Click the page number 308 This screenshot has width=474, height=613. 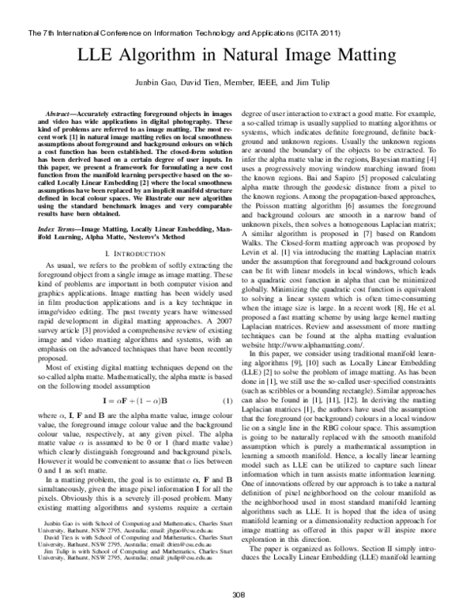tap(237, 593)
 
